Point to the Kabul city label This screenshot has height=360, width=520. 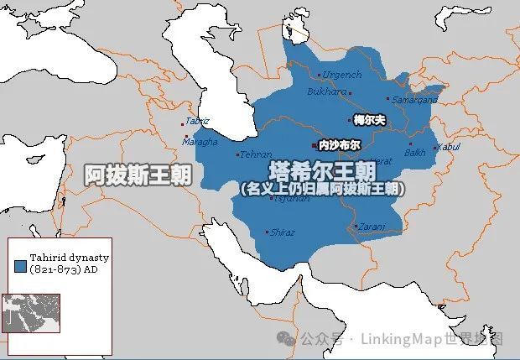pyautogui.click(x=450, y=147)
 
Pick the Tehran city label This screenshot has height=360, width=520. pyautogui.click(x=255, y=154)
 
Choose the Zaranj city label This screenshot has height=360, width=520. pyautogui.click(x=373, y=227)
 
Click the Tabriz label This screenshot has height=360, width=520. pyautogui.click(x=198, y=123)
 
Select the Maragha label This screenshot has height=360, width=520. pyautogui.click(x=201, y=141)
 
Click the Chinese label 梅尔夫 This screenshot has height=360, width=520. pyautogui.click(x=369, y=121)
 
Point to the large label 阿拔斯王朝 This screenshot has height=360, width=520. pyautogui.click(x=138, y=175)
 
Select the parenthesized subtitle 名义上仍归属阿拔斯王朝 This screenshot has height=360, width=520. pyautogui.click(x=321, y=190)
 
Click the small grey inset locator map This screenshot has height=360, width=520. pyautogui.click(x=30, y=314)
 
